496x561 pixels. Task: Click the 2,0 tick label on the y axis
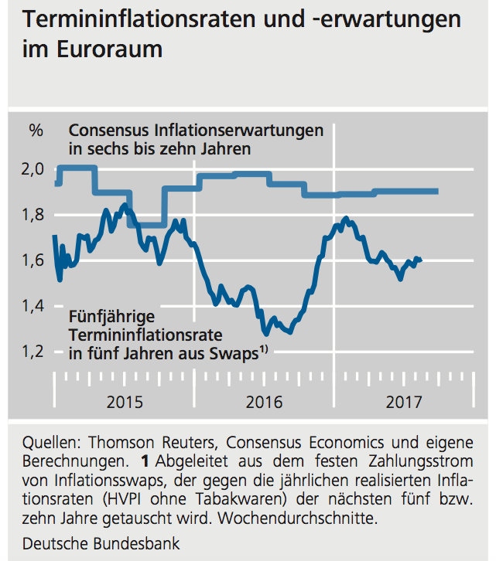(x=36, y=170)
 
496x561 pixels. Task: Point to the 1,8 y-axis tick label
(x=36, y=216)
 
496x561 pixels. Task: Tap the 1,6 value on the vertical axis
(x=36, y=261)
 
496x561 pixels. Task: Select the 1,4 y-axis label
(x=36, y=307)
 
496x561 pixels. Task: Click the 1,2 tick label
(x=36, y=352)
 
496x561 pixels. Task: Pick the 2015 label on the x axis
(x=125, y=402)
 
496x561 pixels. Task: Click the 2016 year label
(x=265, y=402)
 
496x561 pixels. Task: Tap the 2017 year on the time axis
(x=404, y=402)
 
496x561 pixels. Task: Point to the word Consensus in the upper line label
(x=108, y=130)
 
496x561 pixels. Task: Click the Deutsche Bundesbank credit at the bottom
(x=101, y=544)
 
